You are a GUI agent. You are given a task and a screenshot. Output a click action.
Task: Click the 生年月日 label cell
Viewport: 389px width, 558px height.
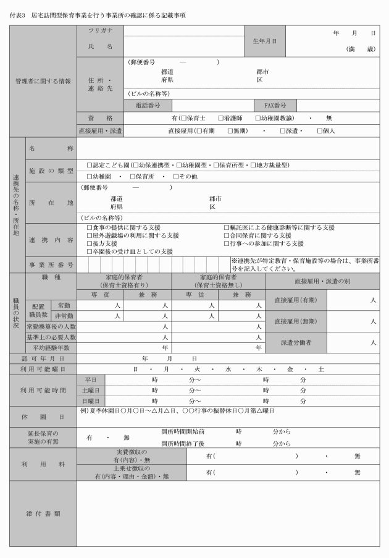pos(264,41)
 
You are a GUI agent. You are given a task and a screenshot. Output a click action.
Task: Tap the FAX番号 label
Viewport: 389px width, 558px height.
pos(275,106)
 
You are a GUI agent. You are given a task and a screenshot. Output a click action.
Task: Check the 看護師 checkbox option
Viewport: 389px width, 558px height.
pos(220,118)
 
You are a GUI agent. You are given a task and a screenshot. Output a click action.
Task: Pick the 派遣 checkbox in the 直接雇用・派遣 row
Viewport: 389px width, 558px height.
pos(282,131)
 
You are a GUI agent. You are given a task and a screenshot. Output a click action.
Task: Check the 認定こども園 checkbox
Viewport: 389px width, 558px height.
pos(90,166)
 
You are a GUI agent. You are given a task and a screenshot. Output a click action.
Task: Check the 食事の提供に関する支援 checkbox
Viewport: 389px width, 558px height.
pos(90,227)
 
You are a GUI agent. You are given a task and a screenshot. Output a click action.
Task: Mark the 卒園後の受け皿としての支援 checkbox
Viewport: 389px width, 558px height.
pos(90,252)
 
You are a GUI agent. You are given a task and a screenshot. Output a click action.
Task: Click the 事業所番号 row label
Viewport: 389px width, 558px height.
pos(52,264)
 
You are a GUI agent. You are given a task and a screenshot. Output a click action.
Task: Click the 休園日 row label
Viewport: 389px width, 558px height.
pos(43,415)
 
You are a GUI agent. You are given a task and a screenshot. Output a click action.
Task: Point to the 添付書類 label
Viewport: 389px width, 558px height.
pos(43,514)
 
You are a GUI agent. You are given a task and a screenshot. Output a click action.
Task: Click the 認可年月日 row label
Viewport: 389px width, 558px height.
pos(43,358)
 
